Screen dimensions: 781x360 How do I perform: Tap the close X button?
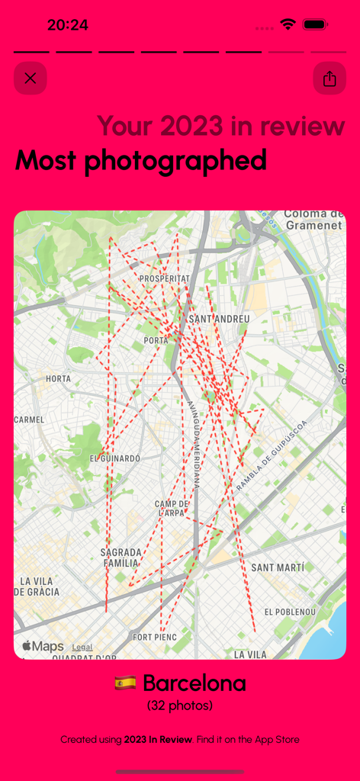[31, 79]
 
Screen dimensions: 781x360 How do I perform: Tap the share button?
[329, 79]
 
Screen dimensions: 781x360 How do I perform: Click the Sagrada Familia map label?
[121, 558]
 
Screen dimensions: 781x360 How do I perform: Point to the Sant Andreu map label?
[219, 319]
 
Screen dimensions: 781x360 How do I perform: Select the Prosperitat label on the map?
[164, 279]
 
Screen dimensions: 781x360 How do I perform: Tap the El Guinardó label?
[115, 458]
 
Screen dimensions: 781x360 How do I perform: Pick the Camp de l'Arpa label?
[172, 509]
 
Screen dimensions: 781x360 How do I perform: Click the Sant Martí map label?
[278, 567]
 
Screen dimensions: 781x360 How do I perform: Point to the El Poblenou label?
[290, 612]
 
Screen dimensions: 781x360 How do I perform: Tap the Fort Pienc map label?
[155, 637]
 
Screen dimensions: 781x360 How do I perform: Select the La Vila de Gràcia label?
[37, 587]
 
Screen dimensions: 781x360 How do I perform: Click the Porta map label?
[156, 340]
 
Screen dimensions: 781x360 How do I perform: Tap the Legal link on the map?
[82, 647]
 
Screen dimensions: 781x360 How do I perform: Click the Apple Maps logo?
[43, 647]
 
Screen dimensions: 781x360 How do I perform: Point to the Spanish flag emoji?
[125, 683]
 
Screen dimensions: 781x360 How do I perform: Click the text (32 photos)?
[180, 706]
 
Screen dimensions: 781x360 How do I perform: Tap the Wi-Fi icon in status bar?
[288, 24]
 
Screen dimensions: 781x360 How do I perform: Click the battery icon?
[315, 24]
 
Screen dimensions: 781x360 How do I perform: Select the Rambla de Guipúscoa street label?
[272, 456]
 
